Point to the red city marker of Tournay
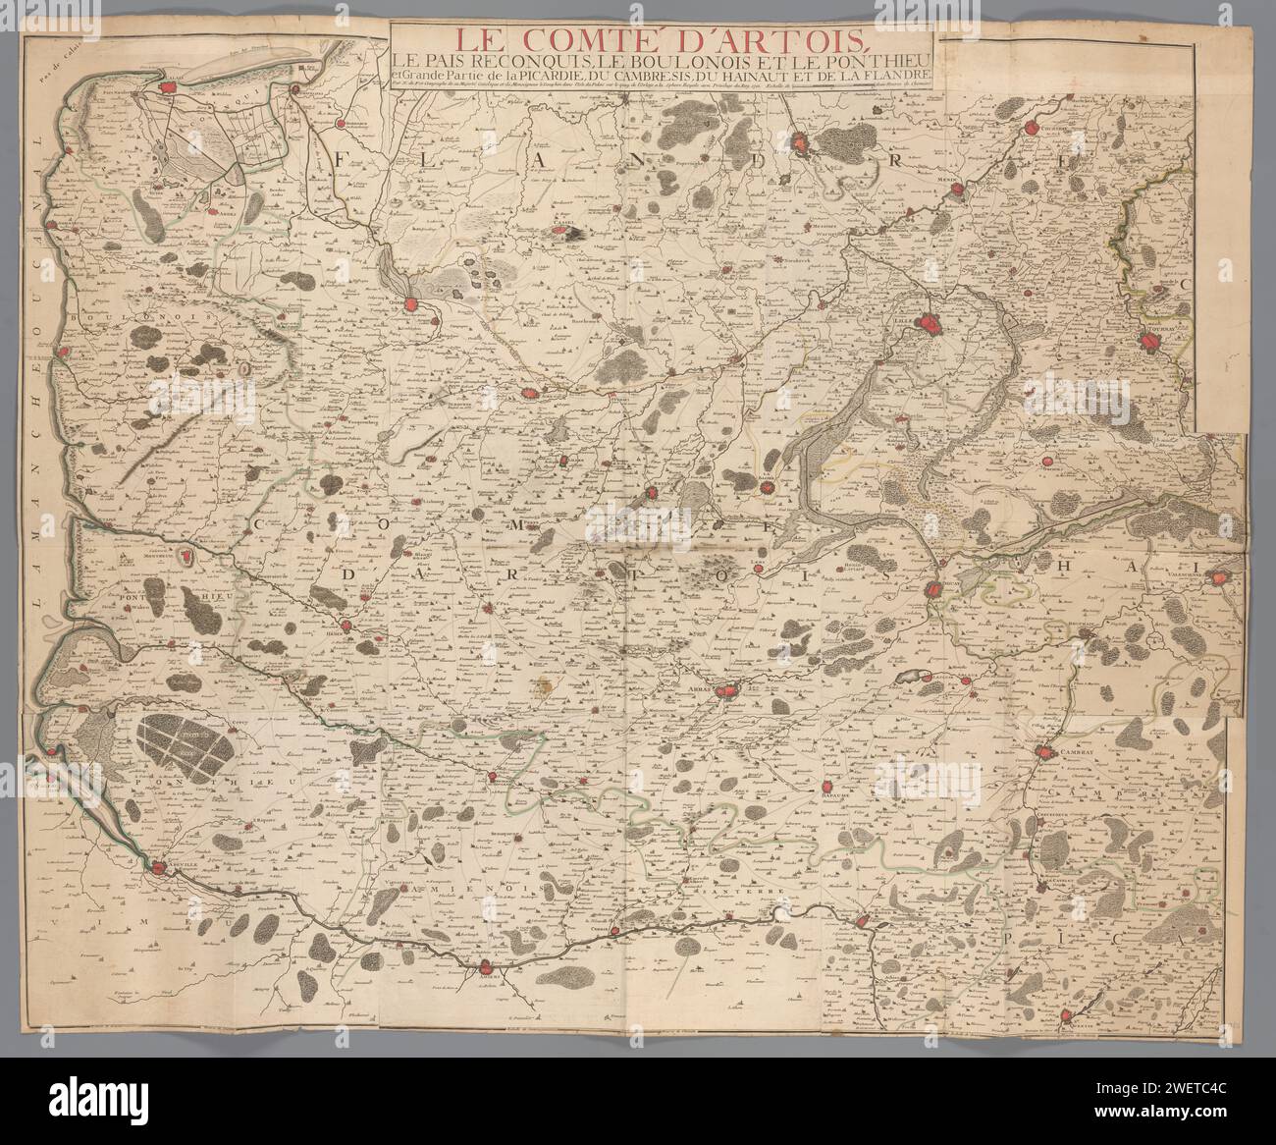click(1150, 342)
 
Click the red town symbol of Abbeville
click(157, 867)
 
